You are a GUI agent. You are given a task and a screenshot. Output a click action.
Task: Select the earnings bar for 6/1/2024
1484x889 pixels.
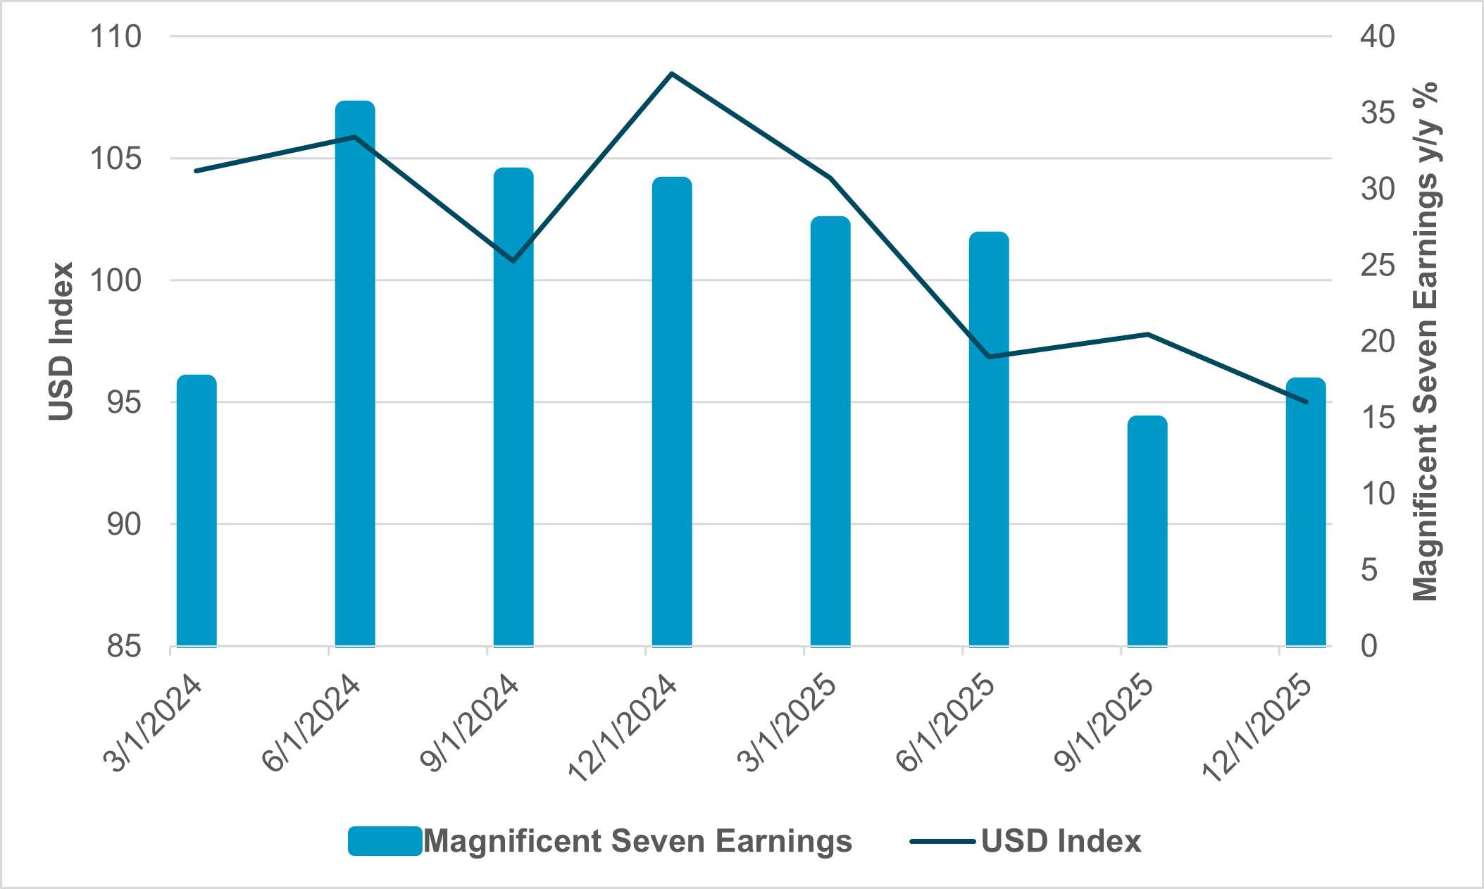355,373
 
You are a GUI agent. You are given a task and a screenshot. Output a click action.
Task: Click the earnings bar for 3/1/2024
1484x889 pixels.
197,511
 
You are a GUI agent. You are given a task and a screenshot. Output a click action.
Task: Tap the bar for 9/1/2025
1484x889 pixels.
1147,531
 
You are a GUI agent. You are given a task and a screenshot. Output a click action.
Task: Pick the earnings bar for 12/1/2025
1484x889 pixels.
1306,512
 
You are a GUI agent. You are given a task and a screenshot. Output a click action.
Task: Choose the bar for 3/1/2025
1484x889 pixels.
830,431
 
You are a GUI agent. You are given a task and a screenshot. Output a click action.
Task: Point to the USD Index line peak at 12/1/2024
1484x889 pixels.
672,73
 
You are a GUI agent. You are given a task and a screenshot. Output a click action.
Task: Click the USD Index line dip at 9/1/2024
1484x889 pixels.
513,261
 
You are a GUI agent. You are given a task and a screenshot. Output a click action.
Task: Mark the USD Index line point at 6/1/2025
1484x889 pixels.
989,357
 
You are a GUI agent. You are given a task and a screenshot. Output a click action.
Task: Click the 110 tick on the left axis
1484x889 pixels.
116,37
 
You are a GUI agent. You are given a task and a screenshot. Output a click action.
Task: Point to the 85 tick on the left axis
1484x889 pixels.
124,646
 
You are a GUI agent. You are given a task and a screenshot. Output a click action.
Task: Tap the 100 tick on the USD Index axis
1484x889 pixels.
116,280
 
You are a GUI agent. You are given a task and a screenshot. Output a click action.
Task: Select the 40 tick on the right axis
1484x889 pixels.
1377,37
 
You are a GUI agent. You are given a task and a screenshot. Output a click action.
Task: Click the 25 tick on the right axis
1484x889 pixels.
1377,266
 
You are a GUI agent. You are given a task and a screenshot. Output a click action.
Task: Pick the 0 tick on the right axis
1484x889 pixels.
1368,646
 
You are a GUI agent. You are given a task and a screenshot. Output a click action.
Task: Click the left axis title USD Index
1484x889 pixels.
62,342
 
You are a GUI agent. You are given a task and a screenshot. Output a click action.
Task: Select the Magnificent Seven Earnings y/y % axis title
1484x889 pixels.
1426,342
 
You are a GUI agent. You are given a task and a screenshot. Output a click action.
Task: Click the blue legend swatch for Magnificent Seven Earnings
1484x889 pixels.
385,841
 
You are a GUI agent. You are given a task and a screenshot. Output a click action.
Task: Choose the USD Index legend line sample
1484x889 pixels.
942,841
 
